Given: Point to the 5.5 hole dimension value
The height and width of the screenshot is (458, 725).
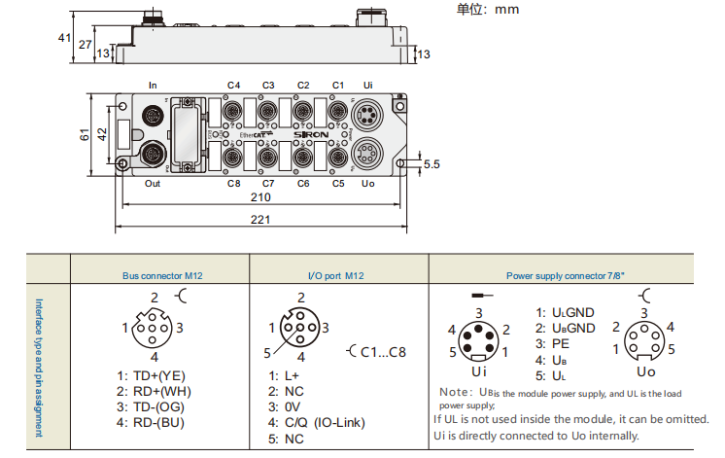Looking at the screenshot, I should (431, 165).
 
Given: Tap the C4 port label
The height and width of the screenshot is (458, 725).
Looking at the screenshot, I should (233, 85).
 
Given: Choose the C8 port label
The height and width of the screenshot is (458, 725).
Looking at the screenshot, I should (233, 183).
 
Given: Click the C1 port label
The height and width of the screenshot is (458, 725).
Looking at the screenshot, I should (338, 85).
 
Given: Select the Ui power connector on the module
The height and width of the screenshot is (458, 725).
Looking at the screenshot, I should (366, 119).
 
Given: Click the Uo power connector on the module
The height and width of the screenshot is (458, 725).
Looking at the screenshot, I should (366, 153).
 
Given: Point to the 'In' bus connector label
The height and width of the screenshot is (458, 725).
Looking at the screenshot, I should (152, 85).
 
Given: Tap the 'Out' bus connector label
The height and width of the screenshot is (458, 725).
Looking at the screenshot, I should (152, 183).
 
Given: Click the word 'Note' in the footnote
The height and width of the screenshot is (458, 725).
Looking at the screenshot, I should (455, 392).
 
